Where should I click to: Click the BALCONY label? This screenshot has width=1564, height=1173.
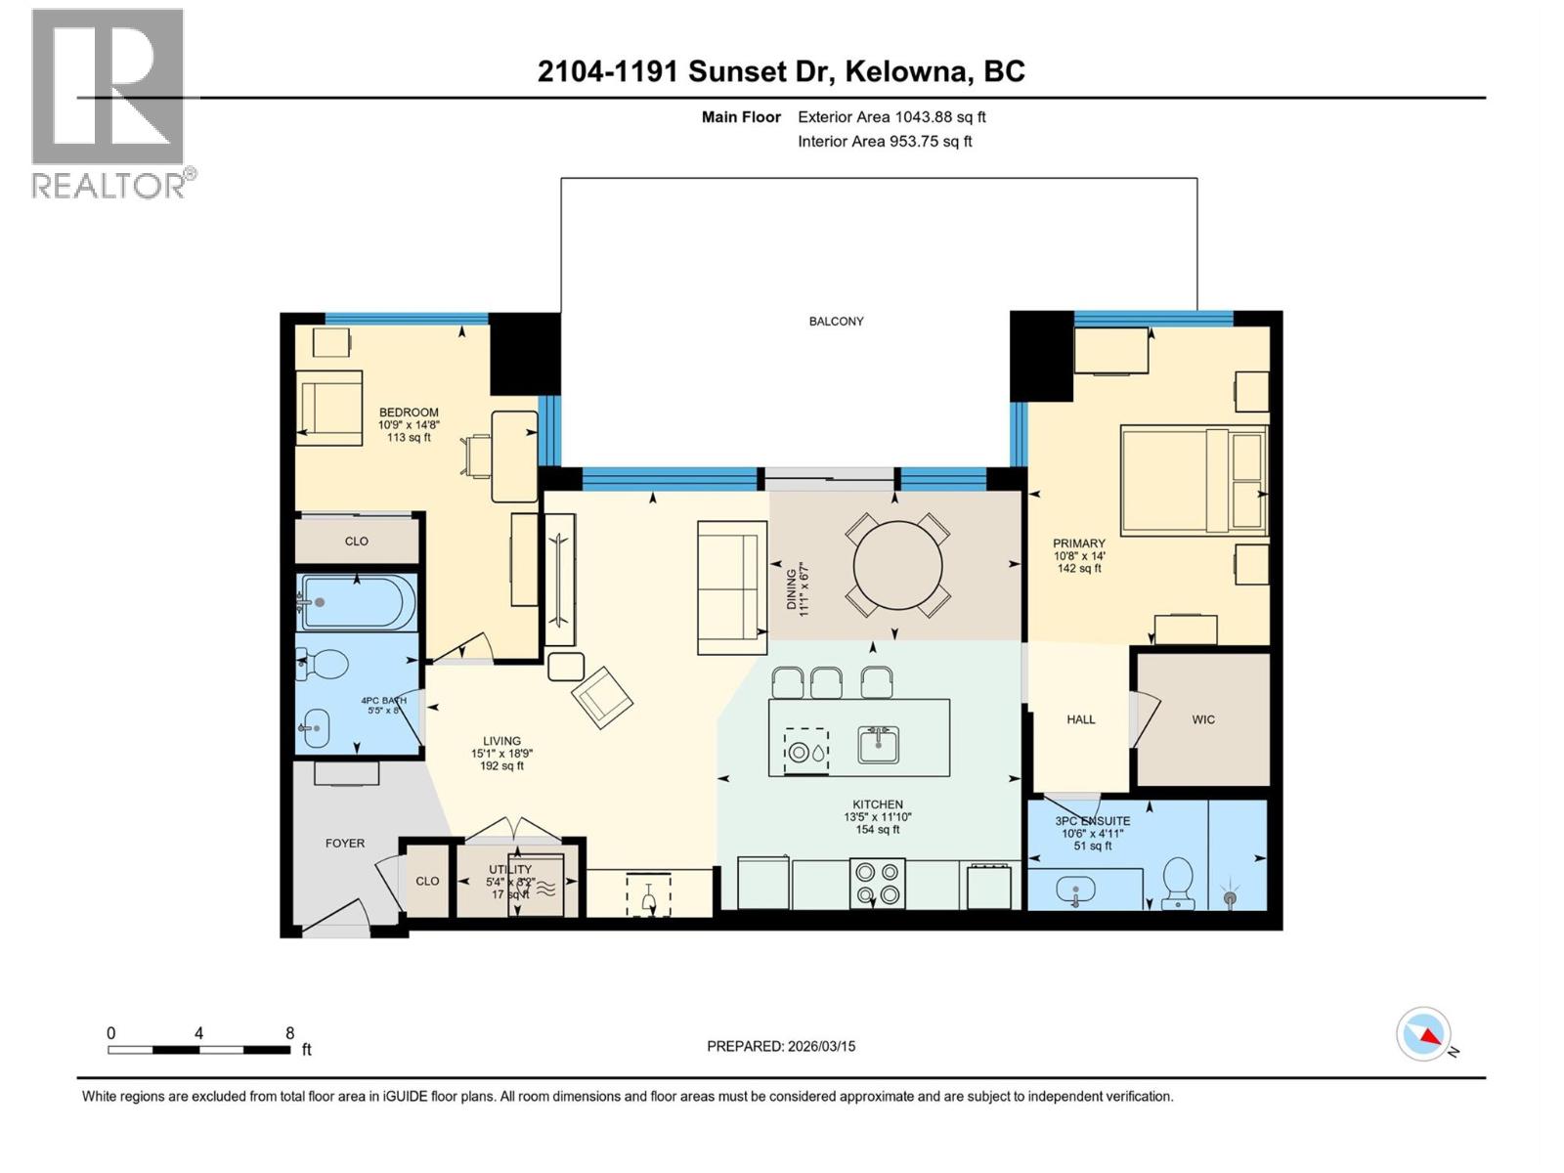pyautogui.click(x=836, y=321)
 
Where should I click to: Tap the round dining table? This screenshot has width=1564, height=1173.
pyautogui.click(x=897, y=566)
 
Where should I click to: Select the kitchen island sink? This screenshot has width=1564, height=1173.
pyautogui.click(x=879, y=745)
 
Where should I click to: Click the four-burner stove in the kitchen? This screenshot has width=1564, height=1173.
pyautogui.click(x=877, y=883)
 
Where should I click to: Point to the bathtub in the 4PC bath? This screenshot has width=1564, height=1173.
pyautogui.click(x=357, y=602)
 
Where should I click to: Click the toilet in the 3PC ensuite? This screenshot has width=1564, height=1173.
pyautogui.click(x=1178, y=883)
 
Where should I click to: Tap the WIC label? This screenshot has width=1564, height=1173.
pyautogui.click(x=1203, y=719)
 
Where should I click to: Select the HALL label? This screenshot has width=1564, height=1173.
pyautogui.click(x=1080, y=719)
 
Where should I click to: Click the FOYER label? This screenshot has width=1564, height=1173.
pyautogui.click(x=345, y=843)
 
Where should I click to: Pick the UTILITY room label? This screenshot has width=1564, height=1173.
pyautogui.click(x=510, y=869)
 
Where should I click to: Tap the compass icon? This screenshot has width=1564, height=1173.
pyautogui.click(x=1423, y=1034)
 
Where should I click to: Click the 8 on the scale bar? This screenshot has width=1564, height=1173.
pyautogui.click(x=289, y=1033)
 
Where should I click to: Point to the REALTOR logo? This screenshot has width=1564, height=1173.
pyautogui.click(x=109, y=103)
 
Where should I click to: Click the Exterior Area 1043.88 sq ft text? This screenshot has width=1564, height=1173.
pyautogui.click(x=891, y=117)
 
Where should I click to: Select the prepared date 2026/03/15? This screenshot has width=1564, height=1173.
pyautogui.click(x=781, y=1046)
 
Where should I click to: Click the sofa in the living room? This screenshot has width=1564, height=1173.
pyautogui.click(x=731, y=587)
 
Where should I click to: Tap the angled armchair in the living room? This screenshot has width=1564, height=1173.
pyautogui.click(x=602, y=696)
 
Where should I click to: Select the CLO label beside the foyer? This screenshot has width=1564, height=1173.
pyautogui.click(x=427, y=881)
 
